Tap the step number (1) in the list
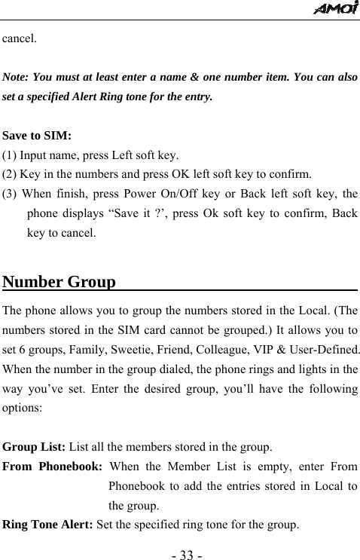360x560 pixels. pyautogui.click(x=11, y=156)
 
